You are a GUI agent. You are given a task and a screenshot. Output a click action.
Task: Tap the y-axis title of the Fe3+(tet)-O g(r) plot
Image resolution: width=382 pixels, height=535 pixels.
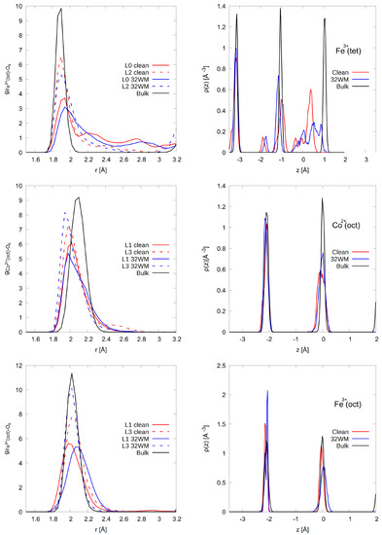(8, 80)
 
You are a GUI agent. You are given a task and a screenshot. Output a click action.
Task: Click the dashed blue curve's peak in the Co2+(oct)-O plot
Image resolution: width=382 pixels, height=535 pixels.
(65, 212)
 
